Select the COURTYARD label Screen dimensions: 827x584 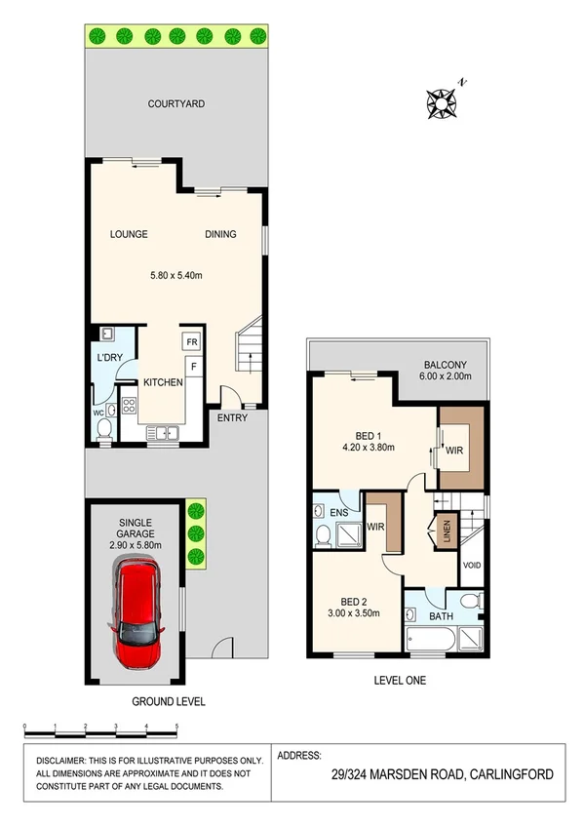click(175, 103)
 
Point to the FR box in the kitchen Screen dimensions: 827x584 click(192, 342)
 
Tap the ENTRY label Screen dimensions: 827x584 click(232, 418)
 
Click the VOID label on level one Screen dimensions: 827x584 click(472, 565)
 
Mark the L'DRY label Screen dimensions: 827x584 click(107, 359)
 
